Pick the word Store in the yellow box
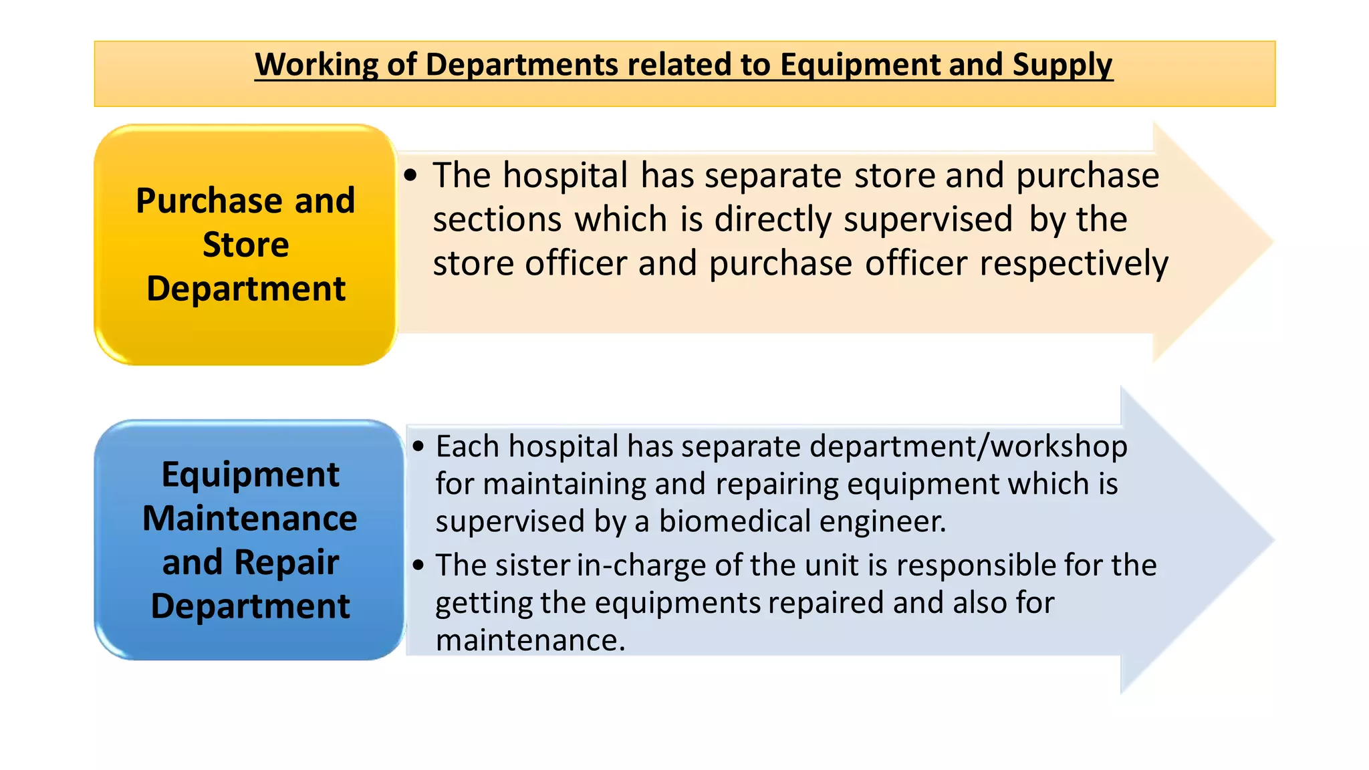click(x=246, y=245)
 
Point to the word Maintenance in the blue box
click(x=250, y=519)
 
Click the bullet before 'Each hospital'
click(x=418, y=446)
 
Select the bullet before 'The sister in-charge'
click(x=418, y=565)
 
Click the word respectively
click(x=1074, y=263)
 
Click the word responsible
click(x=975, y=565)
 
